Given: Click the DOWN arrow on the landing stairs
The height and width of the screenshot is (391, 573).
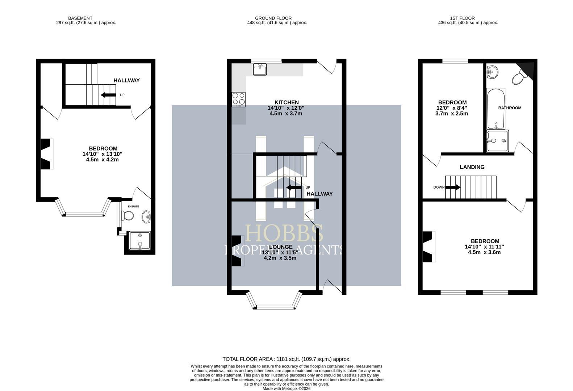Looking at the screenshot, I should (x=453, y=187).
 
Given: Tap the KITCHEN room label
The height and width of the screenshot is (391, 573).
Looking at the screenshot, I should (x=286, y=102).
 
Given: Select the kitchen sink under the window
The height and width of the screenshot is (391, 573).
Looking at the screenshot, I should (x=260, y=69).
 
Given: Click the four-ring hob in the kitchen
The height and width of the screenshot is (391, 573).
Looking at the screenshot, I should (x=238, y=99).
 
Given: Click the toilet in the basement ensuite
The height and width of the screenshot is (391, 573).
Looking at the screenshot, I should (x=128, y=216).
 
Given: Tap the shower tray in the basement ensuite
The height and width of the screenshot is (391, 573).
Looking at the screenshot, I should (x=139, y=241).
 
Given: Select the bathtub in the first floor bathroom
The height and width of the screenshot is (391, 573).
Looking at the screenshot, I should (x=495, y=109).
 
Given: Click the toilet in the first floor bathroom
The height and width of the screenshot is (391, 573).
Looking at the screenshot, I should (x=519, y=77).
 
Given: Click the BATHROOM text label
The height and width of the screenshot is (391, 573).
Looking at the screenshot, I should (x=510, y=108).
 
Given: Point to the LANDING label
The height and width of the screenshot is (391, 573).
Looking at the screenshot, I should (x=472, y=167).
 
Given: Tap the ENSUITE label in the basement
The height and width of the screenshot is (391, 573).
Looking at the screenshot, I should (x=133, y=206).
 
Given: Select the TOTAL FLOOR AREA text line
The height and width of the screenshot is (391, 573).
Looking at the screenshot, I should (x=286, y=359).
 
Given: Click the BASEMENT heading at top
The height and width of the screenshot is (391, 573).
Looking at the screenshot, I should (x=80, y=18).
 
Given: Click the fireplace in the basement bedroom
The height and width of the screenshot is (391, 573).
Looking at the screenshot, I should (x=46, y=154).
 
